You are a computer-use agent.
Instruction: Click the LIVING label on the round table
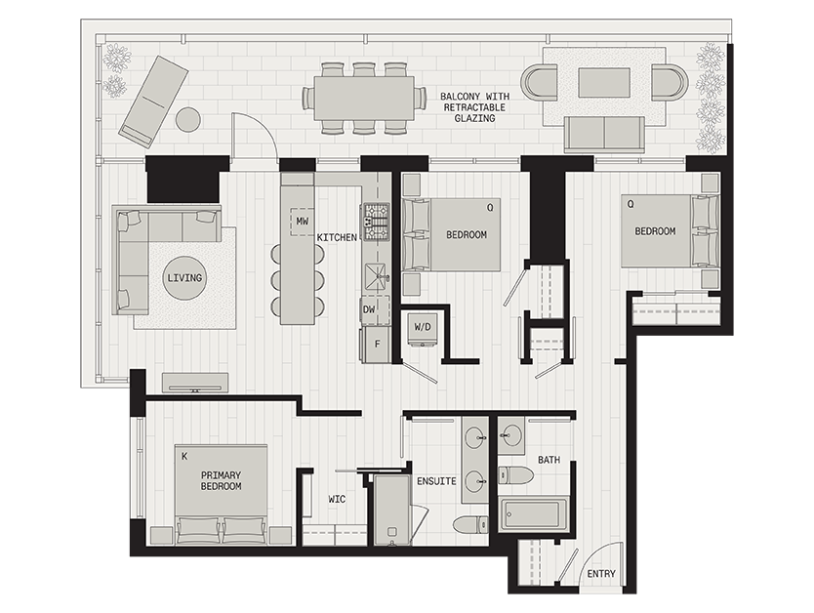coord(184,278)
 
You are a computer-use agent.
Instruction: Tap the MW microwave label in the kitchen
coord(303,223)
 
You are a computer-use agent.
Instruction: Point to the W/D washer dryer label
coord(424,326)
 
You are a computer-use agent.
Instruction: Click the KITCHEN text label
coord(337,237)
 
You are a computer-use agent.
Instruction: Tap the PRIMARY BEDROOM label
coord(221,480)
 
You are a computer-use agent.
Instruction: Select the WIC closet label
coord(336,499)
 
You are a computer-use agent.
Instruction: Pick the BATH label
coord(549,459)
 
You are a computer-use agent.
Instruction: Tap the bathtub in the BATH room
coord(533,513)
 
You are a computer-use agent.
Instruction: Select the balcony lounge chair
coord(153,101)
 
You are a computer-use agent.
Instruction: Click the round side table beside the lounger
coord(187,119)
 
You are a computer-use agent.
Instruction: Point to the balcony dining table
coord(364,98)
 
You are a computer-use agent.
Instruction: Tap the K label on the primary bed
coord(183,456)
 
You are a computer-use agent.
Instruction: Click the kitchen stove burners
coord(376,222)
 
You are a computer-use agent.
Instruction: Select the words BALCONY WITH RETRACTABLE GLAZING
coord(473,107)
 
